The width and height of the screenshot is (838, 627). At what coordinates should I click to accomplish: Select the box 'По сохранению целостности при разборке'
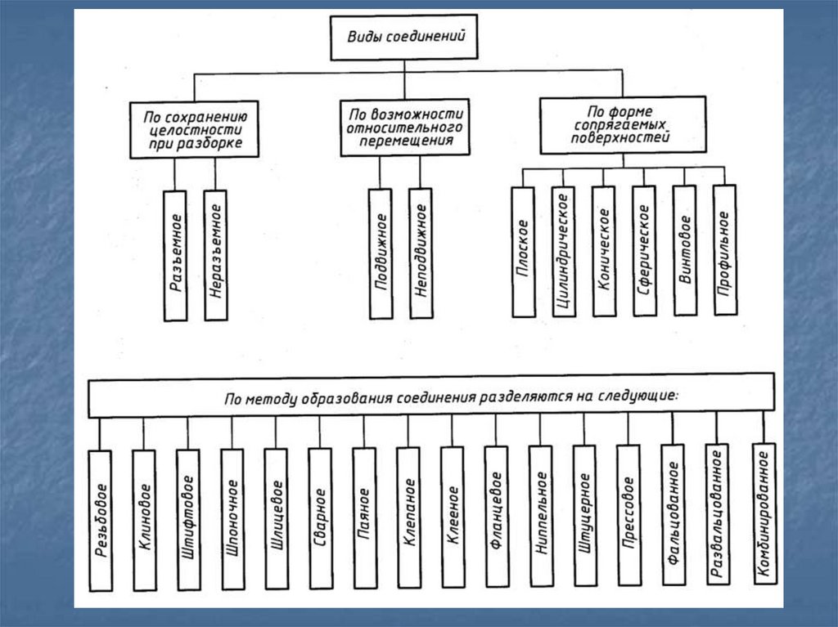pos(193,128)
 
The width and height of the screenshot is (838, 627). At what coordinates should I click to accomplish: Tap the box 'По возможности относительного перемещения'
pos(405,128)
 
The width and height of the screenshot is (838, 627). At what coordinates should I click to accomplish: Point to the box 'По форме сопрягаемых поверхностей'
pos(623,124)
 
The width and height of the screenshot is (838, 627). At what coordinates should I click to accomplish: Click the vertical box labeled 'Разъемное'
pos(176,255)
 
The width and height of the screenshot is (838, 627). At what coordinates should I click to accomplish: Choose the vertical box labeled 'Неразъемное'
pos(216,255)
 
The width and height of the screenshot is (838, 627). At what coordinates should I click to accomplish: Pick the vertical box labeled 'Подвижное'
pos(381,253)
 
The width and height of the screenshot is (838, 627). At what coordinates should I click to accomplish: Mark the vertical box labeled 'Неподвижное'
pos(420,253)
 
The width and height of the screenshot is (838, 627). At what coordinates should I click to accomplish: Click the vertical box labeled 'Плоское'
pos(523,252)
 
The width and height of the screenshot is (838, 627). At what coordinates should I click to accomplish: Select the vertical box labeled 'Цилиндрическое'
pos(563,251)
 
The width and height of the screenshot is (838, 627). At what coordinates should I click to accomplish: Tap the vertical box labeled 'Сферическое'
pos(644,251)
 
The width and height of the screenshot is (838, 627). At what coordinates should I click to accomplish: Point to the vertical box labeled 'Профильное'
pos(724,251)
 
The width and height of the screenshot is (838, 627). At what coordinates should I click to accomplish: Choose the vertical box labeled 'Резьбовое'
pos(101,520)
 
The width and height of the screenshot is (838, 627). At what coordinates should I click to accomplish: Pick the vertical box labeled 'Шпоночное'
pos(232,518)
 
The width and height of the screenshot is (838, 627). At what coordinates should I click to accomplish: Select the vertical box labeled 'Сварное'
pos(320,518)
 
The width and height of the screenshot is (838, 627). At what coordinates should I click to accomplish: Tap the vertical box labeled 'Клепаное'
pos(408,517)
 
